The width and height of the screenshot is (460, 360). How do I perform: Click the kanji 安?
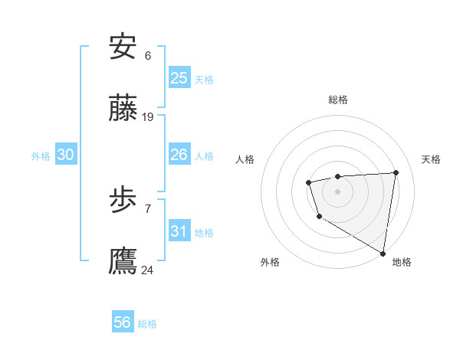coord(123,47)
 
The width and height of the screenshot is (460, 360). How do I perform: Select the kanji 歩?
coord(123,201)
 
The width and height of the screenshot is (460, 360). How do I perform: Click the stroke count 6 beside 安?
coord(148,56)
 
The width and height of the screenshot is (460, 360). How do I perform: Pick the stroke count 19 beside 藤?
coord(148,117)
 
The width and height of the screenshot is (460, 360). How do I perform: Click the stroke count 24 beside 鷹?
coord(148,270)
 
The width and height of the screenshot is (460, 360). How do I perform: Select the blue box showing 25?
coord(179,78)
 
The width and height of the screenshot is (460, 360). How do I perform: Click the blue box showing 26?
coord(179,155)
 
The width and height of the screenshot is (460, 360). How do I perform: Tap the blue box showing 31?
coord(179,231)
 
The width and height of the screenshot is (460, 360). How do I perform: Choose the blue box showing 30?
coord(66,155)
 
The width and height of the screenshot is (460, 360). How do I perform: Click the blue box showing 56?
coord(123,322)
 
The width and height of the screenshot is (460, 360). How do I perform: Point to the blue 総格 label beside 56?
coord(147,324)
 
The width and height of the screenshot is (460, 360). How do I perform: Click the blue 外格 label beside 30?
coord(41,156)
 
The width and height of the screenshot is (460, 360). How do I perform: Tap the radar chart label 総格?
coord(338,100)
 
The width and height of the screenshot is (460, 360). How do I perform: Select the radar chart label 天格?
coord(432,159)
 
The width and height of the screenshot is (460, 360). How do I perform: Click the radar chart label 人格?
coord(245,159)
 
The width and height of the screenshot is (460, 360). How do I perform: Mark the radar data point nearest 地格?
coord(383,253)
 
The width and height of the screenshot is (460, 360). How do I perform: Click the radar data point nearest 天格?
coord(396,172)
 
